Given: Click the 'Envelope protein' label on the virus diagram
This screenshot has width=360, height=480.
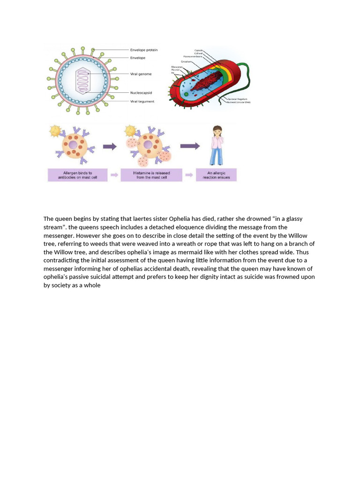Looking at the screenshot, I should [143, 50].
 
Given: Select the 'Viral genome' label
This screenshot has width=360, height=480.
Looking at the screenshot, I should [141, 74].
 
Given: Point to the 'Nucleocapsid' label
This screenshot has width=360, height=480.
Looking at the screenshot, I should [141, 93].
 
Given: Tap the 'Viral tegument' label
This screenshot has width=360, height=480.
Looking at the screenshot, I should [142, 101].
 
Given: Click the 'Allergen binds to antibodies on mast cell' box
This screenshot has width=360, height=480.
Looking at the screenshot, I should [77, 175].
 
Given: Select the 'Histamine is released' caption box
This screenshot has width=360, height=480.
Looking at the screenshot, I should [150, 175].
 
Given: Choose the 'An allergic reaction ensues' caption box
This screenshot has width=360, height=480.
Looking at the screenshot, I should [216, 175].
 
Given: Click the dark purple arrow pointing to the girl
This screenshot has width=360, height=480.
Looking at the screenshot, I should [190, 146].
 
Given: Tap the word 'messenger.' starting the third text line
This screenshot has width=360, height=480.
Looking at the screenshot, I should [59, 236].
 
